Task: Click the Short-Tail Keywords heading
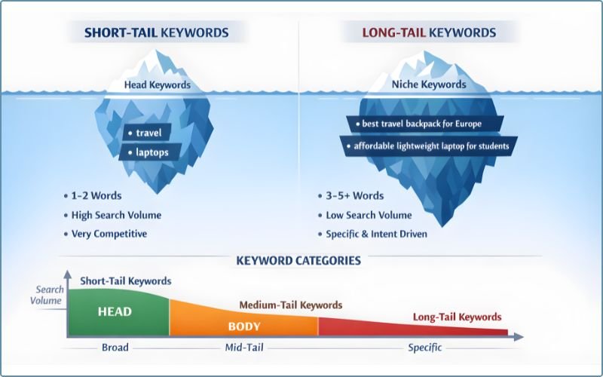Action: click(x=156, y=32)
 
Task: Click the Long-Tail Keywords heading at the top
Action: click(x=429, y=32)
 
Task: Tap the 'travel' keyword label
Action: click(x=143, y=133)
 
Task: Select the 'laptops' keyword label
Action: click(x=147, y=152)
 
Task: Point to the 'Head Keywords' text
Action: click(x=158, y=84)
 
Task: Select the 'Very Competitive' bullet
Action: click(x=109, y=234)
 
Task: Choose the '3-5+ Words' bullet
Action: click(x=354, y=196)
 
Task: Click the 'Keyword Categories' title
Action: click(x=298, y=261)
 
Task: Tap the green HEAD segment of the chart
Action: click(x=115, y=312)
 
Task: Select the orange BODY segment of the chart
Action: click(x=243, y=326)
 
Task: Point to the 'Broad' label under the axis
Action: click(x=115, y=348)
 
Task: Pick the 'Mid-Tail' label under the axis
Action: click(x=243, y=348)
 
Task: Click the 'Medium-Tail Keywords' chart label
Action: click(x=290, y=305)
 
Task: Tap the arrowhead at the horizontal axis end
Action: click(x=519, y=337)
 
